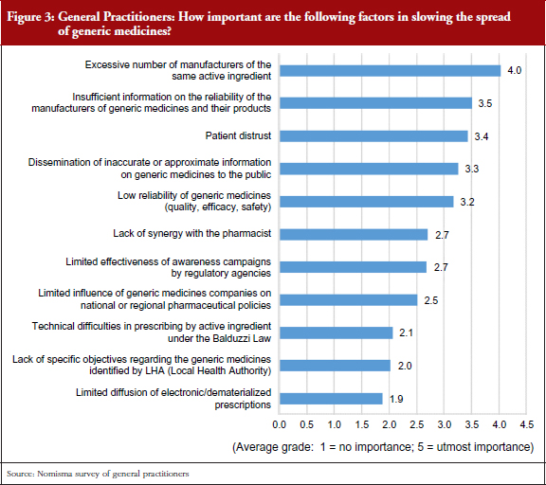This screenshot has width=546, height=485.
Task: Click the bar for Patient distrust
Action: click(x=373, y=136)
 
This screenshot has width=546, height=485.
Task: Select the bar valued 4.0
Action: click(x=390, y=71)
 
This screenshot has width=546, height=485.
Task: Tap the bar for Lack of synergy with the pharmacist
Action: click(x=354, y=235)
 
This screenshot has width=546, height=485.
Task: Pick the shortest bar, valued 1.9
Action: click(x=331, y=399)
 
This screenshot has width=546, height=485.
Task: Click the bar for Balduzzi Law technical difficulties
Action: click(x=336, y=332)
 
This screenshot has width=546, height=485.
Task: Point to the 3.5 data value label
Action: click(x=484, y=103)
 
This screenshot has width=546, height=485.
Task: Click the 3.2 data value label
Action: click(x=467, y=202)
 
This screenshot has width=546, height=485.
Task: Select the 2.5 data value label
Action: click(x=430, y=300)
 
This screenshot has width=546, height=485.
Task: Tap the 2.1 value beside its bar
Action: click(x=406, y=332)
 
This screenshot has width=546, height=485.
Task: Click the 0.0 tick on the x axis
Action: click(x=279, y=424)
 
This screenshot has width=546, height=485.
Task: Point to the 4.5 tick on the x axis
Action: click(x=526, y=424)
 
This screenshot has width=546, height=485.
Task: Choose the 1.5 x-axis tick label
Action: click(x=361, y=424)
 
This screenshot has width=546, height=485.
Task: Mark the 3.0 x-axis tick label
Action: click(x=444, y=424)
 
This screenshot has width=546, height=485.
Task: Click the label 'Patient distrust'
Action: click(x=238, y=135)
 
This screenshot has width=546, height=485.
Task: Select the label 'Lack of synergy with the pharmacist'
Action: click(x=191, y=233)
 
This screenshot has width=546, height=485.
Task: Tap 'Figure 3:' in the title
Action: click(x=30, y=17)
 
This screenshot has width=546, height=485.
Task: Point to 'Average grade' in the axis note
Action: click(x=273, y=447)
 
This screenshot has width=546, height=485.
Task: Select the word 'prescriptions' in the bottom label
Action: click(x=243, y=405)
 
